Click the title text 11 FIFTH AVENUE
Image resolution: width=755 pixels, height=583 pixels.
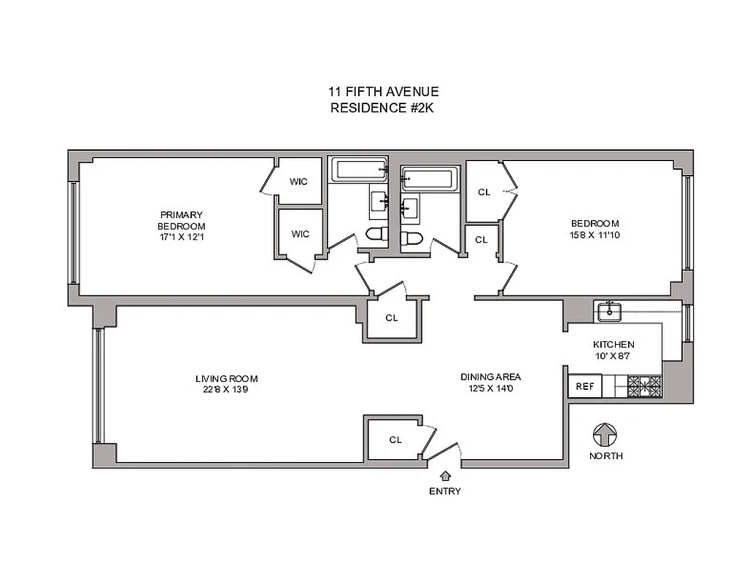click(x=383, y=92)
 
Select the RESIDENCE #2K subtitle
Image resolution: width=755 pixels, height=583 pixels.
click(x=383, y=108)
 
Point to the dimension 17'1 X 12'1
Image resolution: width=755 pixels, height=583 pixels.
click(x=182, y=237)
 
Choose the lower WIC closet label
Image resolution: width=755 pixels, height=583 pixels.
click(x=300, y=234)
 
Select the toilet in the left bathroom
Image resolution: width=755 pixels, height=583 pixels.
click(x=376, y=235)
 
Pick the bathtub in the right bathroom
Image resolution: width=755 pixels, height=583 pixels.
click(x=430, y=179)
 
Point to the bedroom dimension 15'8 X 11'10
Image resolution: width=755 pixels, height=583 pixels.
click(x=595, y=235)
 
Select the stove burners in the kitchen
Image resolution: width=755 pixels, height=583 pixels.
click(x=645, y=386)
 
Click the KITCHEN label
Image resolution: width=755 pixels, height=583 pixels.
click(x=613, y=345)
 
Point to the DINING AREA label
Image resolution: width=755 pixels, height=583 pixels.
click(x=490, y=377)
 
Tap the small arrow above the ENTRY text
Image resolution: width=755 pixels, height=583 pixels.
click(x=445, y=476)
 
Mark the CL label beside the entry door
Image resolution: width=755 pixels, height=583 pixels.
click(x=395, y=439)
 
